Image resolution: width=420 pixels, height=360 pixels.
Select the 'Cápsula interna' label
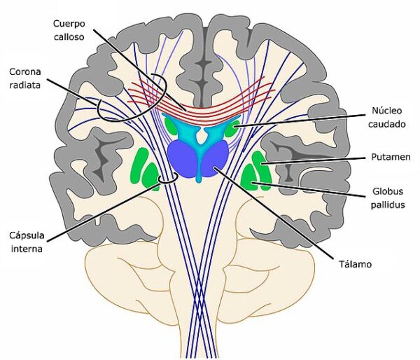pos(26,240)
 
